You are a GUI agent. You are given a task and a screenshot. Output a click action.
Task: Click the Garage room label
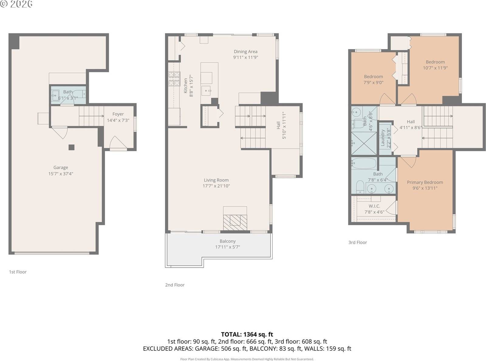(61, 167)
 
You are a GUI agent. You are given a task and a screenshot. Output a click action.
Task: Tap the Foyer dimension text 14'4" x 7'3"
(118, 120)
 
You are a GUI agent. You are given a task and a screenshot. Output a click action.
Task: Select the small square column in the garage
(71, 147)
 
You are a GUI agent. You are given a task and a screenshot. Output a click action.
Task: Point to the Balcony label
(228, 241)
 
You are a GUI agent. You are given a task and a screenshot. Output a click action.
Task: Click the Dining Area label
(245, 52)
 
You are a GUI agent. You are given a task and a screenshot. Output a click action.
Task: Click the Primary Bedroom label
(425, 182)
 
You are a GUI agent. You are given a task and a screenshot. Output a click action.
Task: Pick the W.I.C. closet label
(375, 206)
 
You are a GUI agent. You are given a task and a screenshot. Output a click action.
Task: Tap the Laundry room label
(383, 138)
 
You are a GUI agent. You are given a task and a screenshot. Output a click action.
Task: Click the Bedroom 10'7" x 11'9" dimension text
(435, 68)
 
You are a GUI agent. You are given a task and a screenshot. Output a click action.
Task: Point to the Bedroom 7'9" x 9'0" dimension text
(373, 82)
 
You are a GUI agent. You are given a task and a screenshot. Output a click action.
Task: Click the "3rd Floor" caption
(358, 242)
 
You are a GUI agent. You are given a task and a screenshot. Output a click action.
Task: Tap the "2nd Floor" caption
(175, 285)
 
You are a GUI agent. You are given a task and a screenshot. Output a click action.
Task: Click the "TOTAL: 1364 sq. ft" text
(247, 334)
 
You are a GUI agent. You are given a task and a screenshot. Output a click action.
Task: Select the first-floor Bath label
(68, 92)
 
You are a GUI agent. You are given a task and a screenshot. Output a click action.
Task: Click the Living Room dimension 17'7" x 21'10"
(216, 186)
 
